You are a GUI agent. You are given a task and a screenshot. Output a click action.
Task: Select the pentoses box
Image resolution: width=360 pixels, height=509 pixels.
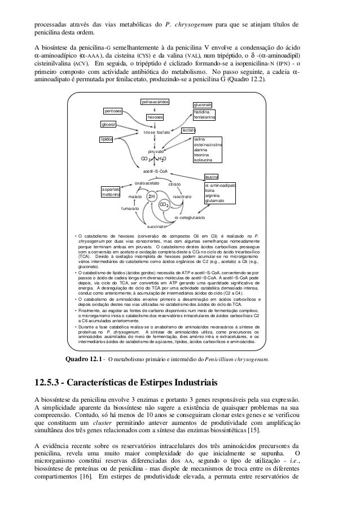(113, 111)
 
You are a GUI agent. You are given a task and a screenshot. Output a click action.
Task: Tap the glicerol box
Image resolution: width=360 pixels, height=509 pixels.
(108, 124)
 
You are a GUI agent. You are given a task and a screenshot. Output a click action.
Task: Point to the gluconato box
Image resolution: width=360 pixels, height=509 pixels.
(203, 106)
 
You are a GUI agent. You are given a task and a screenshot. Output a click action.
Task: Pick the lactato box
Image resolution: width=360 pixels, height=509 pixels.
(188, 131)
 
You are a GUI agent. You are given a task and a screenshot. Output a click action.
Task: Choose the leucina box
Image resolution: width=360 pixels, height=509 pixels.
(212, 177)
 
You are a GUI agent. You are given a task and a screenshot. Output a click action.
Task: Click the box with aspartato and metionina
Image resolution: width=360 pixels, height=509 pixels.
(111, 192)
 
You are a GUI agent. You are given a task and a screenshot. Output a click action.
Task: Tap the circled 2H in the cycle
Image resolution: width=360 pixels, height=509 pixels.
(151, 197)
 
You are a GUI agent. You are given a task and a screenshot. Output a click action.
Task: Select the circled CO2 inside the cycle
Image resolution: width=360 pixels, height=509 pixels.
(165, 205)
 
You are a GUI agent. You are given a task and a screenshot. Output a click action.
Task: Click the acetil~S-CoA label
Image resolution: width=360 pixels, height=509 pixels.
(155, 170)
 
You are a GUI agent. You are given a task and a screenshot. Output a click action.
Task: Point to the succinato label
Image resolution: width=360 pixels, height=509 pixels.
(154, 226)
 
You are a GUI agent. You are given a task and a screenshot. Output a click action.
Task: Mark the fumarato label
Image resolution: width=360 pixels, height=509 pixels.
(130, 208)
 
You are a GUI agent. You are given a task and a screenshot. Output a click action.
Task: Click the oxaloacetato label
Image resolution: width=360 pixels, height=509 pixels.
(147, 183)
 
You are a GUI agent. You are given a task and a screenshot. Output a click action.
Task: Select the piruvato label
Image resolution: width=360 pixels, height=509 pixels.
(156, 152)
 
